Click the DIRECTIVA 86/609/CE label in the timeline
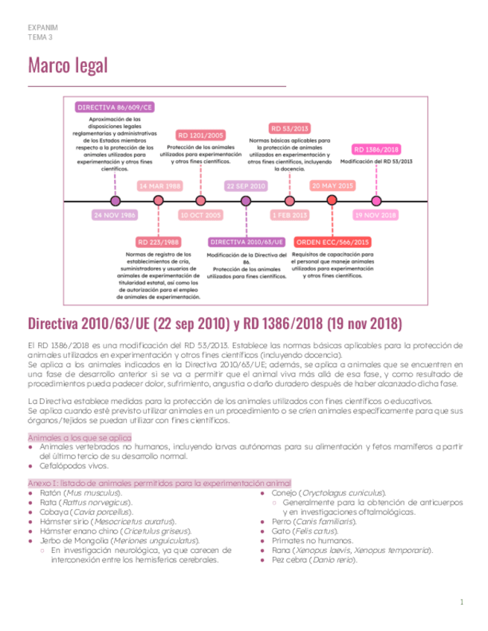pos(115,107)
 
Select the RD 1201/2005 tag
pos(200,135)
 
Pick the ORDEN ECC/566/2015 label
pos(332,243)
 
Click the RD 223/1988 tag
pos(158,243)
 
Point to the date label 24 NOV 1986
pos(115,215)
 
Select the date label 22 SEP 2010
pos(246,186)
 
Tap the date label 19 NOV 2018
pos(375,215)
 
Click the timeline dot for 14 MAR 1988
pos(158,200)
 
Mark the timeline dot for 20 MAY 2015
pos(332,200)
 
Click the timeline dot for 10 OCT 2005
pos(200,200)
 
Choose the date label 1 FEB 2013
pos(289,215)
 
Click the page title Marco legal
pos(68,65)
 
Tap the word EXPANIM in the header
pos(42,28)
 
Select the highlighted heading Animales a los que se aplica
pos(80,438)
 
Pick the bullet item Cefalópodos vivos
pos(74,466)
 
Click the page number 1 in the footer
pos(461,602)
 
